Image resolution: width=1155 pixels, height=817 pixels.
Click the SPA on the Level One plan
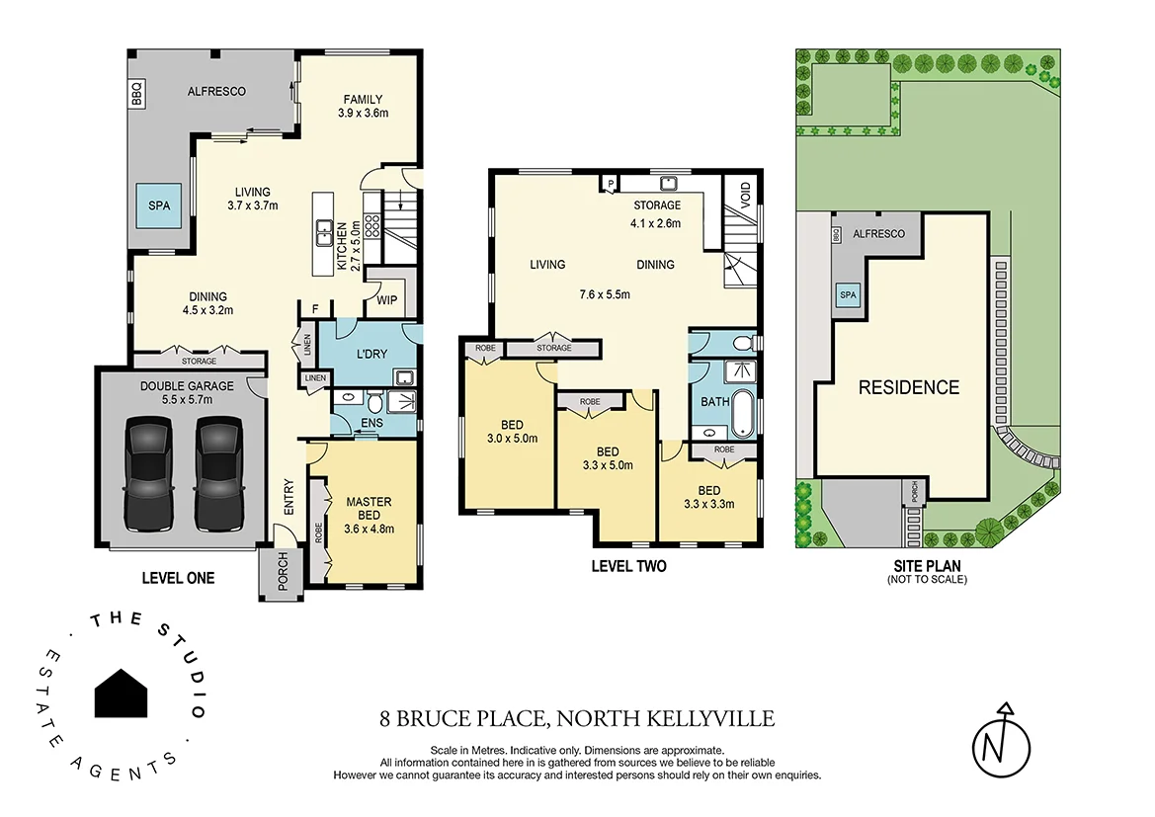160,206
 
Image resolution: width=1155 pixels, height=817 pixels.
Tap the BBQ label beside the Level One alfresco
137,95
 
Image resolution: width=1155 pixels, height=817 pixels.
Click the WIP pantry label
385,300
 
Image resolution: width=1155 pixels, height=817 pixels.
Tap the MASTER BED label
370,508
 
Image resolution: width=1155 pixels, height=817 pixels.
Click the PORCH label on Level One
282,575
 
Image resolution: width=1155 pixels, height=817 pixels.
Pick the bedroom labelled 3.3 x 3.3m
709,498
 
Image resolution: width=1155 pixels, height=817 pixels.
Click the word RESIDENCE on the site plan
908,387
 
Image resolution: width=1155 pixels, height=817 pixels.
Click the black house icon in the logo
122,693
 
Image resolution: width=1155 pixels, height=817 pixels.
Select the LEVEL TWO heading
628,566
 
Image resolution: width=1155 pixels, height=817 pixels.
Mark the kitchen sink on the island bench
324,234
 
